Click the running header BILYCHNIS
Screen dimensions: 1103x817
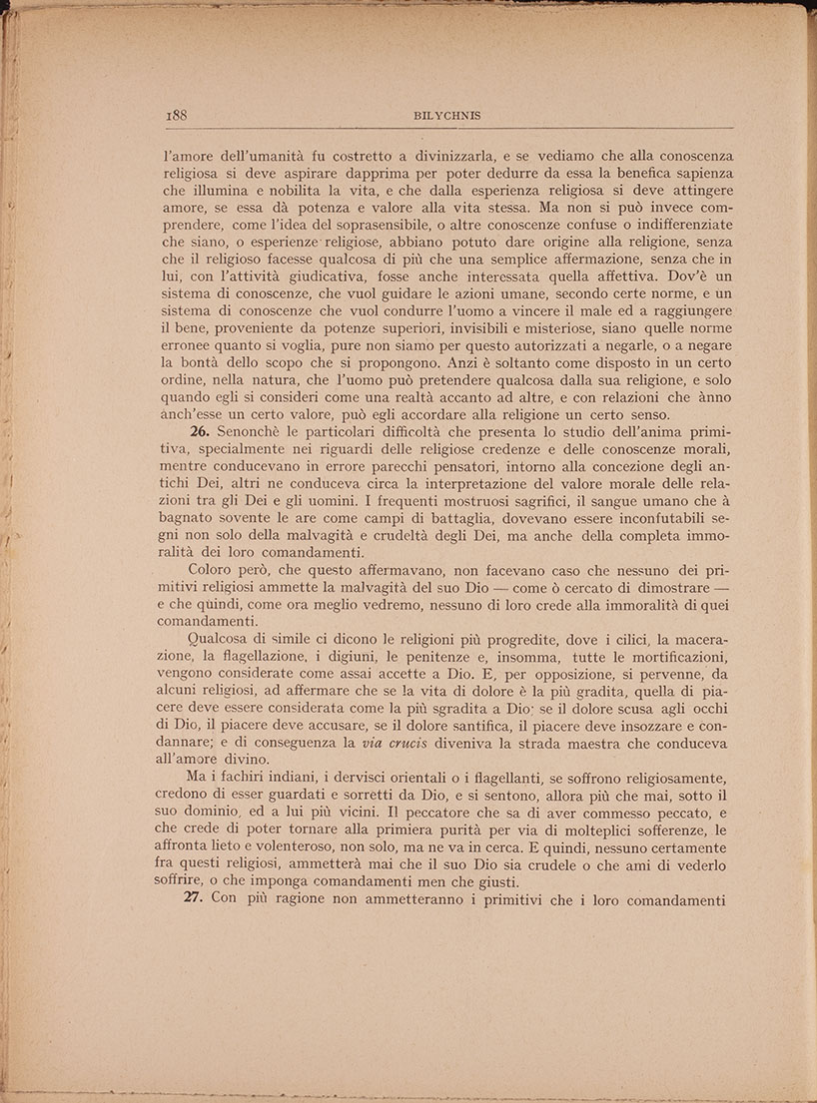tap(446, 116)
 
